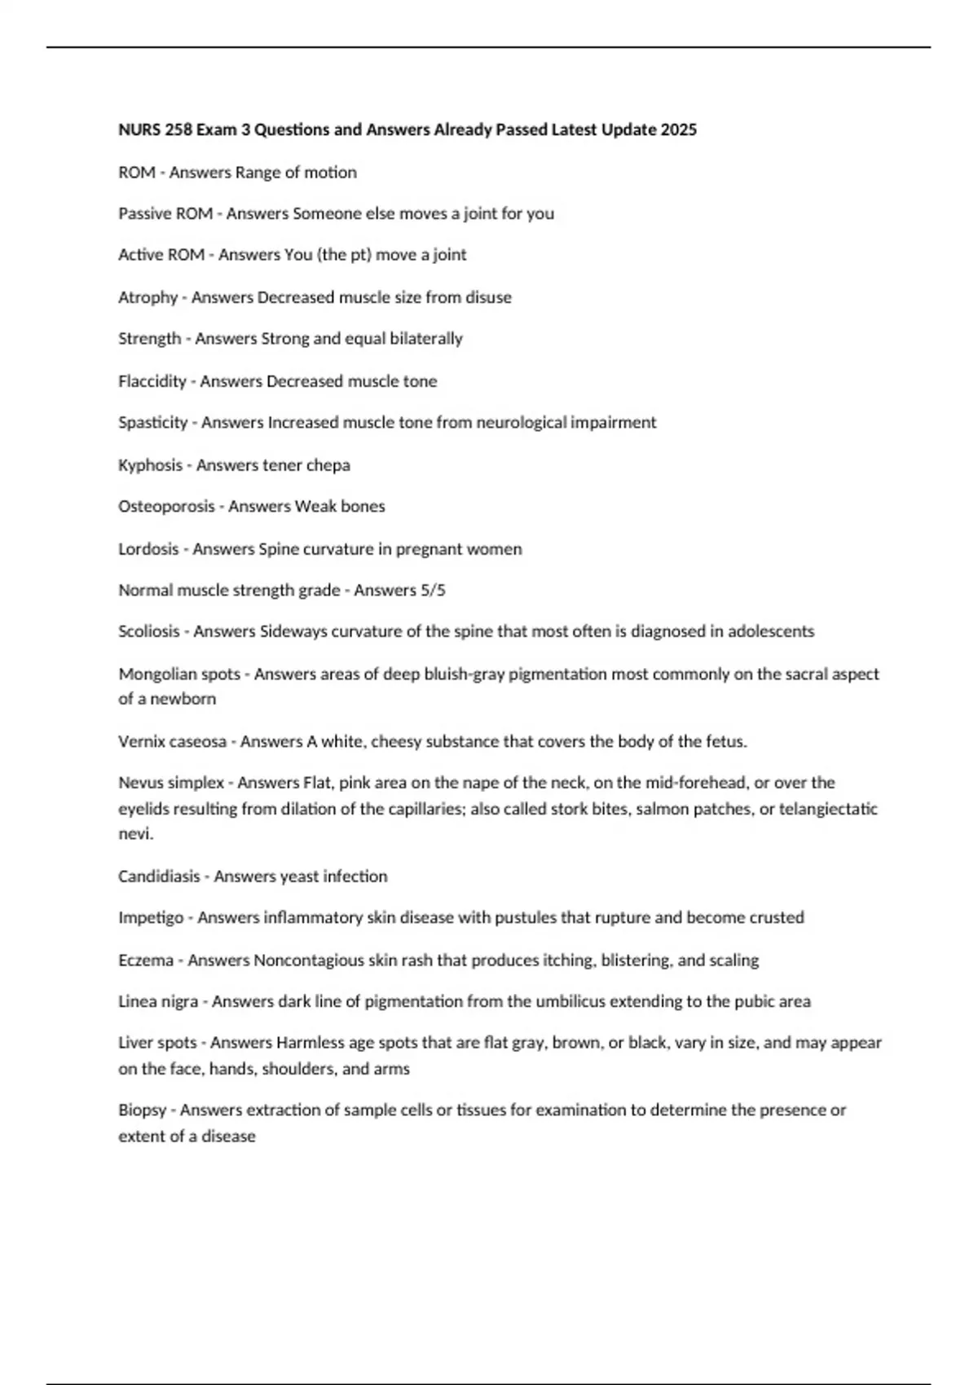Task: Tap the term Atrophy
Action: [148, 297]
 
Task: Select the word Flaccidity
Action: [152, 381]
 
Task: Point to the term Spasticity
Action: [153, 423]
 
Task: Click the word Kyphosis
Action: [150, 465]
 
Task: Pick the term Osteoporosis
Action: [166, 506]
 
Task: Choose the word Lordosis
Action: [148, 549]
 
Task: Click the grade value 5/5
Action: [434, 590]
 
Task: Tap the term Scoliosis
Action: [149, 631]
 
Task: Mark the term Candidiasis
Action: [159, 877]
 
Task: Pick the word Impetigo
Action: [151, 918]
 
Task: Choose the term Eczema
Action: [146, 961]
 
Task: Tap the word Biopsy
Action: [143, 1110]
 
